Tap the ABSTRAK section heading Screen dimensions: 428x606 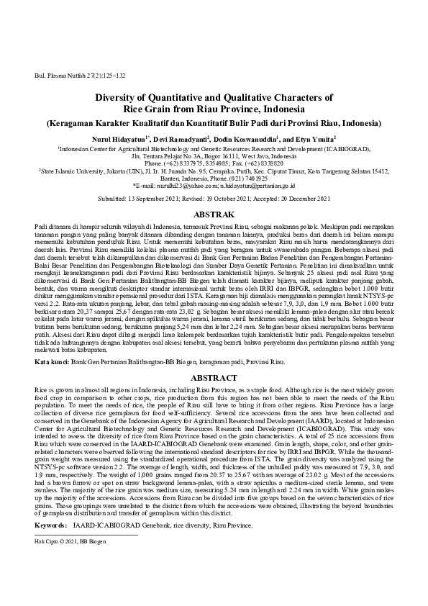click(x=214, y=214)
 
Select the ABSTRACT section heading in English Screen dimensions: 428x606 click(x=214, y=377)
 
